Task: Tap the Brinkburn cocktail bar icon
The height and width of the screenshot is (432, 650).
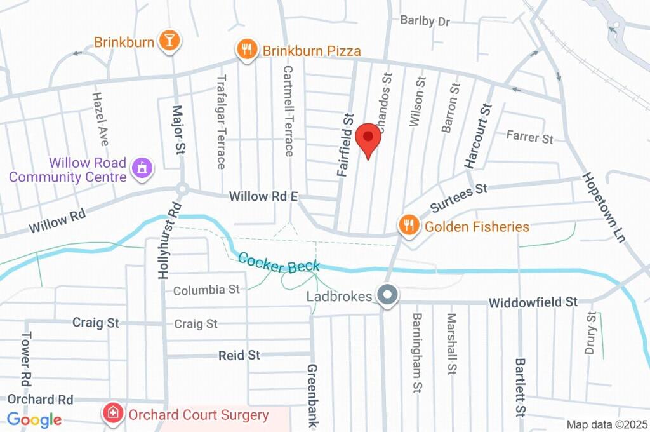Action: point(169,41)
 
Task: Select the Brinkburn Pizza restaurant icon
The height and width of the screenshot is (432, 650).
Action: point(246,50)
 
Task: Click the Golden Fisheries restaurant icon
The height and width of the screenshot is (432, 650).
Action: point(408,224)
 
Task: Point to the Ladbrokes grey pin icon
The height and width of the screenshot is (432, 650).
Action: point(386,295)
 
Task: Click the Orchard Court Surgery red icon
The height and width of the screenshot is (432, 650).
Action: point(113,414)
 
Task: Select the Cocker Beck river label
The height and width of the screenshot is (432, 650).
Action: point(279,262)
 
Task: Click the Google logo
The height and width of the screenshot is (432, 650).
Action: point(34,419)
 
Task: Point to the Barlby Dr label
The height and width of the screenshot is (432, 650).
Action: point(425,21)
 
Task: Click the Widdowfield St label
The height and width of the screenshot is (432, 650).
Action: point(533,302)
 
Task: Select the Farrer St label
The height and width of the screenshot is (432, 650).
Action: point(530,137)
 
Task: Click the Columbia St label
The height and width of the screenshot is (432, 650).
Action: point(206,290)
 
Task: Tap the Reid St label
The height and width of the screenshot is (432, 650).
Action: point(239,355)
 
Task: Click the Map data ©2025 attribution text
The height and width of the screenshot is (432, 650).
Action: point(607,424)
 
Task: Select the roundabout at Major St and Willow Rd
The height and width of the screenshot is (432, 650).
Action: point(183,189)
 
